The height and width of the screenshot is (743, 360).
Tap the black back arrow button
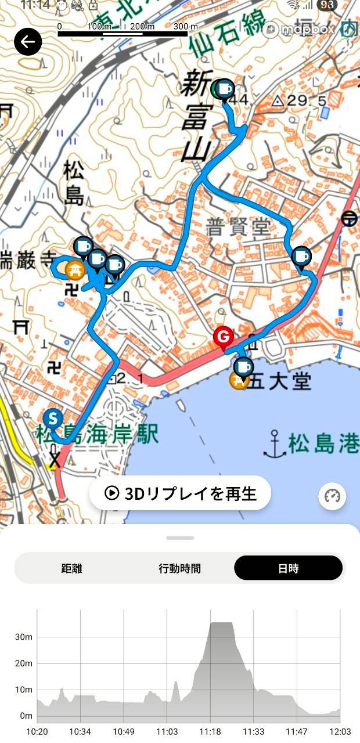28,42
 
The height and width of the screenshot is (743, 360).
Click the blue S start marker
53,418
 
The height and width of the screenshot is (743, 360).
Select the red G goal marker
223,336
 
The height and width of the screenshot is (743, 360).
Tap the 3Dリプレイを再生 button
180,493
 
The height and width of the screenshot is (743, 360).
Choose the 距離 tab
71,568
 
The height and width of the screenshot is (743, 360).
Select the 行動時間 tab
179,568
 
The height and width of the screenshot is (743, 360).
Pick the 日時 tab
288,568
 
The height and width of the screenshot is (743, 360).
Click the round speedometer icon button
332,496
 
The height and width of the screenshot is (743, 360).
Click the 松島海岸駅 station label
98,434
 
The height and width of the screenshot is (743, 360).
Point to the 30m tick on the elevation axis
24,637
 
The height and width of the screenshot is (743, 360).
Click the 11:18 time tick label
210,731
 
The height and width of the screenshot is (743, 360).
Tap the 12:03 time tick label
340,731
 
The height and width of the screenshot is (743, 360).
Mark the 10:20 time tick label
37,731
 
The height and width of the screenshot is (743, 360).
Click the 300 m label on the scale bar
185,27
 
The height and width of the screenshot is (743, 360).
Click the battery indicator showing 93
327,5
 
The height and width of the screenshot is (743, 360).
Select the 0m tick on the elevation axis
26,716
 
